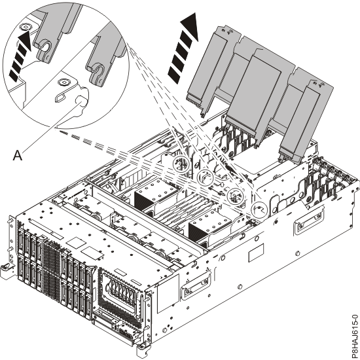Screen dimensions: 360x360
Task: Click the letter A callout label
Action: [x=18, y=155]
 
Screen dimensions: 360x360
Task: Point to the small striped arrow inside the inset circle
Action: [x=20, y=56]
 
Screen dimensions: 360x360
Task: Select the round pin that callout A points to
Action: [x=81, y=101]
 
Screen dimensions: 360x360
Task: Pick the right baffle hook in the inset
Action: [x=96, y=74]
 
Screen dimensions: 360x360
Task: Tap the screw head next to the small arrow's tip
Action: [x=25, y=27]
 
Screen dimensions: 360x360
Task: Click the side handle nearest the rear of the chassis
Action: [x=309, y=220]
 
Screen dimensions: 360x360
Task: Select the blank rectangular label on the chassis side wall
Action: [x=256, y=253]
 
